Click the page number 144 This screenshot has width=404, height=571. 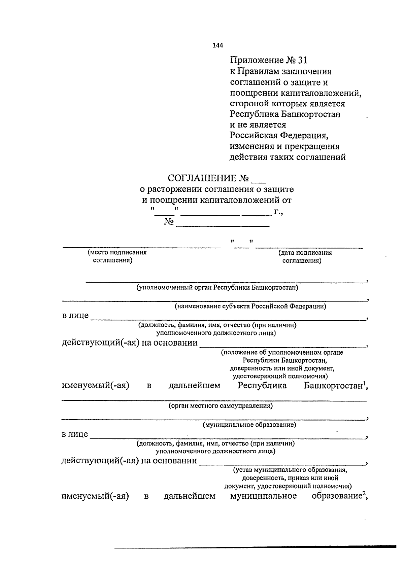[x=218, y=46]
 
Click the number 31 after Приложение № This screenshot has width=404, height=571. [x=302, y=60]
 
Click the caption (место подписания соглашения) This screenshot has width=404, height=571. [x=116, y=256]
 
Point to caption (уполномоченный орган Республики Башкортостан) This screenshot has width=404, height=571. [x=217, y=288]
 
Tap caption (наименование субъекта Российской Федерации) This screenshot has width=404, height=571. [x=250, y=307]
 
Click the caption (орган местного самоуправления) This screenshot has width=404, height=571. [x=221, y=406]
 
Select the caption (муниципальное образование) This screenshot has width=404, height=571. [x=249, y=425]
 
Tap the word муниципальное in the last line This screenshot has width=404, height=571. [x=263, y=496]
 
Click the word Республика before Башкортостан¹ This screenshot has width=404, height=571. [x=262, y=385]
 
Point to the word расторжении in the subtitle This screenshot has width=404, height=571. [x=174, y=189]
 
